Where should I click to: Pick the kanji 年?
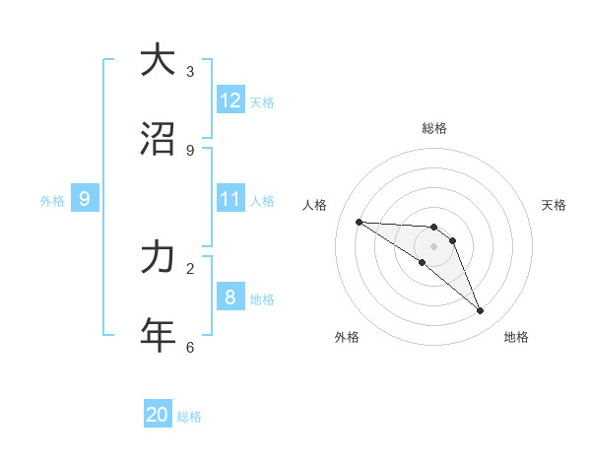pos(157,335)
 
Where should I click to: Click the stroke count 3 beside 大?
pos(190,71)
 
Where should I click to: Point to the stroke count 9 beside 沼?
pos(190,150)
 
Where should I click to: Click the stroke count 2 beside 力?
pos(190,268)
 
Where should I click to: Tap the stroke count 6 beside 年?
pos(190,347)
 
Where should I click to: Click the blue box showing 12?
pos(230,100)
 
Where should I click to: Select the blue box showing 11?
pos(230,199)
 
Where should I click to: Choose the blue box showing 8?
pos(230,297)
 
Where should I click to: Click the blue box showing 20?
pos(158,415)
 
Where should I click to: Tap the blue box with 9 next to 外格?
pos(85,199)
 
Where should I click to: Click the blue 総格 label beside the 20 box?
pos(189,417)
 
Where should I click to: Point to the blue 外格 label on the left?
pos(52,200)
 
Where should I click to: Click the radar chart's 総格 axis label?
pos(434,128)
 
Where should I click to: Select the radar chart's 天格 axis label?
pos(554,205)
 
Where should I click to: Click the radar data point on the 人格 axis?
pos(359,222)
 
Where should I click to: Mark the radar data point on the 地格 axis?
pos(481,311)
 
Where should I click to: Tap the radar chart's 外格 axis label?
pos(347,337)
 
